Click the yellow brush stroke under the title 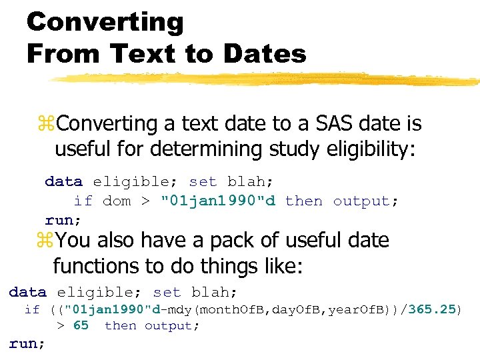[x=267, y=79]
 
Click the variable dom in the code [x=117, y=201]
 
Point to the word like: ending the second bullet [x=280, y=267]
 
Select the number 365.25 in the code [x=431, y=309]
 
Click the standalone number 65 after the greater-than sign [x=80, y=326]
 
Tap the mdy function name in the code [x=175, y=309]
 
